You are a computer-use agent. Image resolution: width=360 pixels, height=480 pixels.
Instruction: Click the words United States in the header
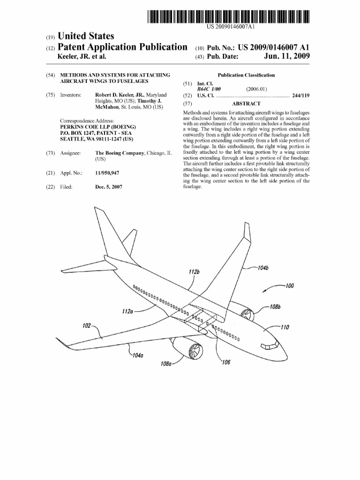85,36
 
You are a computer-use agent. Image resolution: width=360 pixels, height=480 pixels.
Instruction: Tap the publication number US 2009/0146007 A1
274,47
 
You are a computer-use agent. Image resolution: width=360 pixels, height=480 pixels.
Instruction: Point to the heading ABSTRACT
246,104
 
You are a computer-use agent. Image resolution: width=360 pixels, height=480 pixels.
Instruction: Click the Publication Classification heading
246,75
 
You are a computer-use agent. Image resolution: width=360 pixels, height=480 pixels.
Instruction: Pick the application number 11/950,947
107,173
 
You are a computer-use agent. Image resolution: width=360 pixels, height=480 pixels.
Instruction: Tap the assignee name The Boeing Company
120,153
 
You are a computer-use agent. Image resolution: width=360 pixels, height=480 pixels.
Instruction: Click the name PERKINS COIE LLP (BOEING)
98,127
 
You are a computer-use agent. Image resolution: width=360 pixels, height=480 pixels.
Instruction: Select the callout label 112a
126,310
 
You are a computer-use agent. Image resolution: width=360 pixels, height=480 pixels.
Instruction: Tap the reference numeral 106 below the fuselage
226,362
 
